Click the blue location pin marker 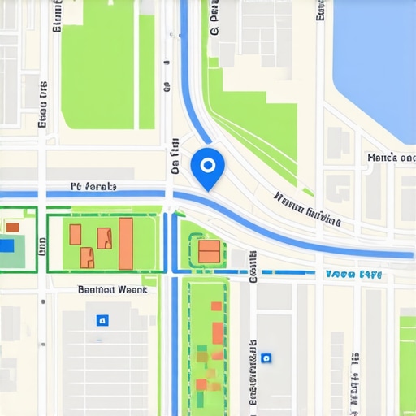207,168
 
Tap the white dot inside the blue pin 207,165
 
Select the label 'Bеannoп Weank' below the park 112,289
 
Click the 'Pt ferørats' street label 93,187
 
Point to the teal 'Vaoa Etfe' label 353,275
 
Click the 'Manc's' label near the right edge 392,158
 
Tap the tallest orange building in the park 126,243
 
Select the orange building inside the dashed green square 209,251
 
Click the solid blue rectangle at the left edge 6,245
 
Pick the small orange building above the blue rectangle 12,227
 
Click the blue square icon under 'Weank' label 102,320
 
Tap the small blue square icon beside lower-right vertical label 266,357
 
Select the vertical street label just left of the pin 175,157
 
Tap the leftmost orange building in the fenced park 75,235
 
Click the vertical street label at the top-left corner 57,16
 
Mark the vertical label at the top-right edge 321,10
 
